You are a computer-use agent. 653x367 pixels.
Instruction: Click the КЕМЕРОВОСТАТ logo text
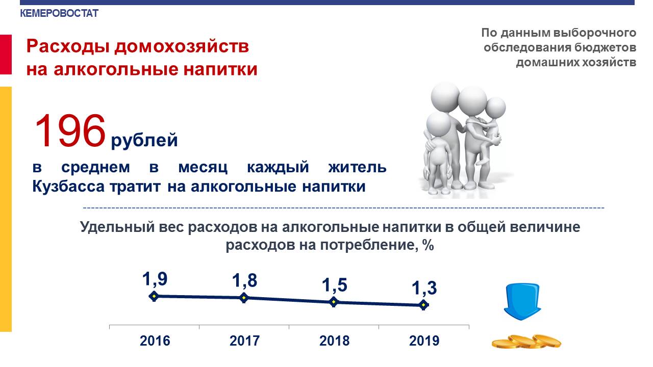[x=59, y=13]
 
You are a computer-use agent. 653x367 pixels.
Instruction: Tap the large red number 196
[x=70, y=131]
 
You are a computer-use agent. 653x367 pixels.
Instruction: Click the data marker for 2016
[x=154, y=297]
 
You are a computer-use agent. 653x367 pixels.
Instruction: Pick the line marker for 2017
[x=244, y=298]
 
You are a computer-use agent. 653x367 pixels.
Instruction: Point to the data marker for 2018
[x=334, y=302]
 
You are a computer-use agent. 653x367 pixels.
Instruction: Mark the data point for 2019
[x=423, y=305]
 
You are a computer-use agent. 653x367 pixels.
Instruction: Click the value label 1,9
[x=155, y=279]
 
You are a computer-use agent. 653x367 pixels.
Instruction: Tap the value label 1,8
[x=244, y=281]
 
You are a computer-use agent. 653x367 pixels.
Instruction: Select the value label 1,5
[x=334, y=285]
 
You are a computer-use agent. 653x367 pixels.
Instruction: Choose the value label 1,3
[x=424, y=289]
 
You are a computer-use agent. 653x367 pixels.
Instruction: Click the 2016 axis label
[x=155, y=341]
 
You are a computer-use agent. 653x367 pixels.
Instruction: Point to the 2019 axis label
[x=424, y=341]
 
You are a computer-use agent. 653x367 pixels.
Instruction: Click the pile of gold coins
[x=526, y=342]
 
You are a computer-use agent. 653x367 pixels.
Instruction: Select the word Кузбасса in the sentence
[x=68, y=187]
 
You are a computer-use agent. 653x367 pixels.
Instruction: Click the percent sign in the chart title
[x=428, y=245]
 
